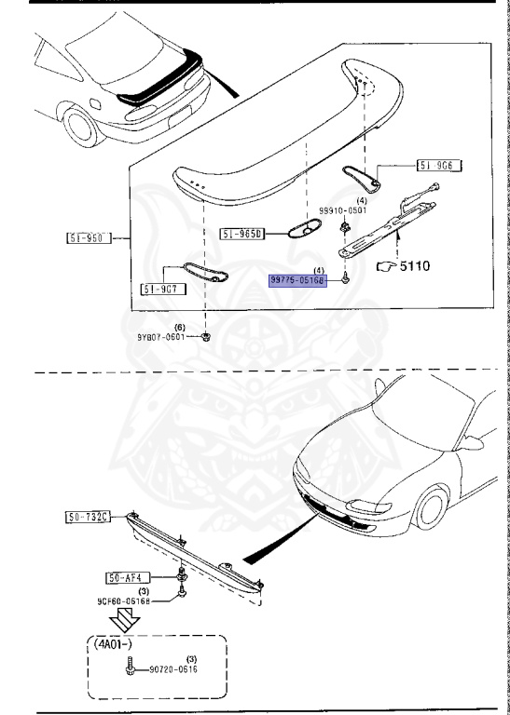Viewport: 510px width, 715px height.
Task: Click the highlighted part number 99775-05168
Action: tap(297, 278)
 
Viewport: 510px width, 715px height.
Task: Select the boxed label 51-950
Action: tap(89, 237)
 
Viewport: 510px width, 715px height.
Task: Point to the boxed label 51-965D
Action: tap(242, 233)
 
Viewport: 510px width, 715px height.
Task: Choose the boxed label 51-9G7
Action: tap(162, 289)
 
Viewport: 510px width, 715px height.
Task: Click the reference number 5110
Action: tap(417, 266)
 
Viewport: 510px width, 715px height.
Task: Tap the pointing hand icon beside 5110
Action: tap(386, 266)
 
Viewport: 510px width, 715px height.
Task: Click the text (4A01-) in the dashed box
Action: tap(116, 642)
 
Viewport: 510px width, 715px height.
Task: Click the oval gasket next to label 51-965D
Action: tap(301, 228)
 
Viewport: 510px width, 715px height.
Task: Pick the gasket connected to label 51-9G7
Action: tap(205, 272)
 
